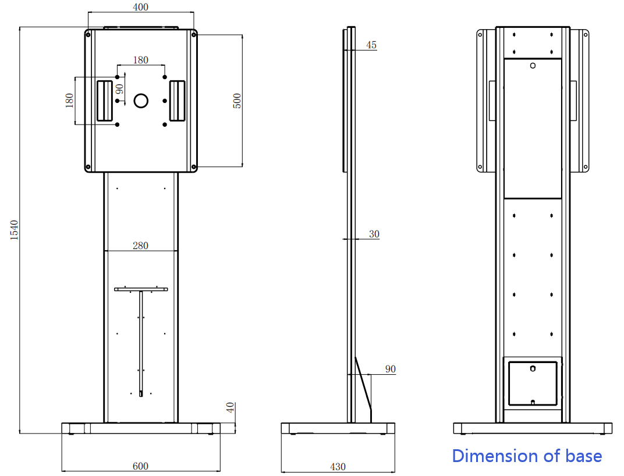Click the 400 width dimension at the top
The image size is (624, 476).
coord(140,7)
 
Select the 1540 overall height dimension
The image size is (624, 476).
coord(15,230)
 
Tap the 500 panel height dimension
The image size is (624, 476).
coord(236,100)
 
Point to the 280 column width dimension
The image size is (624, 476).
coord(140,246)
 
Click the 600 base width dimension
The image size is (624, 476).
coord(140,466)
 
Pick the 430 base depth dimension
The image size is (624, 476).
coord(338,466)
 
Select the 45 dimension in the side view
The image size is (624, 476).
coord(371,45)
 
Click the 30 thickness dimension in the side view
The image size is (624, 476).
coord(374,234)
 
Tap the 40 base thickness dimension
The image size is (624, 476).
coord(231,408)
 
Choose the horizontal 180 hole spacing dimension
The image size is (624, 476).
coord(140,60)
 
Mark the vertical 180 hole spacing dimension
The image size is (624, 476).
coord(70,101)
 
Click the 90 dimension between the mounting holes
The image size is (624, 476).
coord(119,89)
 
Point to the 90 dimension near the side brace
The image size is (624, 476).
coord(390,370)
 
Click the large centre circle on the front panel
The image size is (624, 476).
coord(141,101)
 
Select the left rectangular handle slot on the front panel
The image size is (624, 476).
coord(105,101)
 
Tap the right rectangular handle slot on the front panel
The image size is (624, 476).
coord(177,101)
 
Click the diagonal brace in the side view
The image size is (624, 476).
coord(363,384)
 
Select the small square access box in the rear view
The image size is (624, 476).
coord(533,383)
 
